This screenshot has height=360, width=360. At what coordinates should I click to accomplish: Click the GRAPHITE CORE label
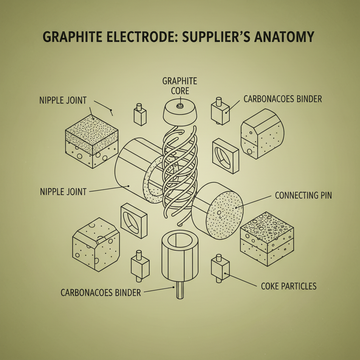point(180,86)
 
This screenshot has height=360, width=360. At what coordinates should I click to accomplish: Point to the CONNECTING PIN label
point(303,195)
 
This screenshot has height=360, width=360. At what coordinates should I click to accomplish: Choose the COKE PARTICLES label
point(289,286)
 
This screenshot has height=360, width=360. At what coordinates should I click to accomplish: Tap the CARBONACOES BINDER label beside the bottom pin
point(101,292)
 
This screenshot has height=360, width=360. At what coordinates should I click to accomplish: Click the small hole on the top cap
point(180,106)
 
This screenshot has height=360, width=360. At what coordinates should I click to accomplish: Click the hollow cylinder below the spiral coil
point(180,257)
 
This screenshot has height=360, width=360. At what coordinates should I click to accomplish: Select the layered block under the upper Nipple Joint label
point(92,141)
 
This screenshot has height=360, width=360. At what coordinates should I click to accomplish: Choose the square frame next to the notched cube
point(134,220)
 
